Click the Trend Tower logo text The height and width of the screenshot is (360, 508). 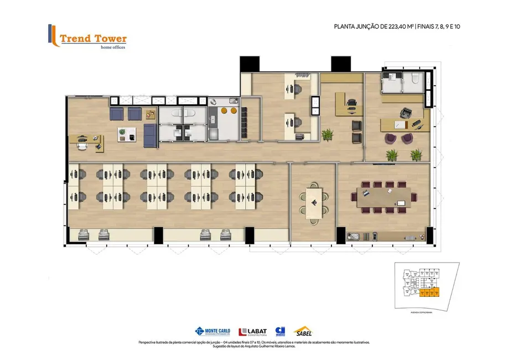pos(93,39)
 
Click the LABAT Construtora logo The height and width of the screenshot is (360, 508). pos(253,332)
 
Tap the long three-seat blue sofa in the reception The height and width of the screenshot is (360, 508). pos(149,135)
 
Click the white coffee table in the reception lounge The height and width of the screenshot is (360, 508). pos(127,134)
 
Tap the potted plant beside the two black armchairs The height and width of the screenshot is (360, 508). pos(328,135)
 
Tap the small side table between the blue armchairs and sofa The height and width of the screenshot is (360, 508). pos(151,114)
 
